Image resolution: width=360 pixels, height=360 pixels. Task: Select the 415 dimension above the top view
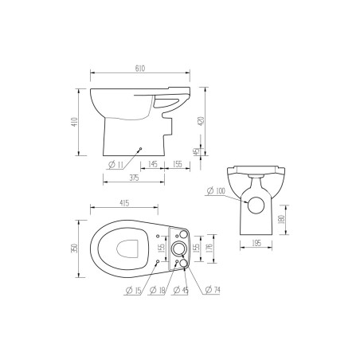point(126,205)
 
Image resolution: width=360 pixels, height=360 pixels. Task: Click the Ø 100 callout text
point(215,191)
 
